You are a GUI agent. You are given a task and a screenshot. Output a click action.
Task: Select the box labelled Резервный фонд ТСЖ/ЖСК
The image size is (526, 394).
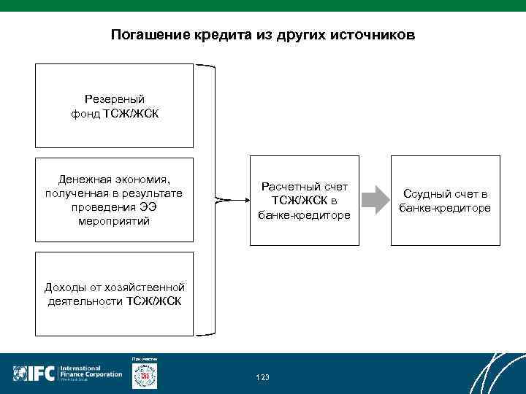click(115, 106)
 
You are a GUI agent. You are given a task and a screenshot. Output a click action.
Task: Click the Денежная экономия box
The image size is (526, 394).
click(115, 199)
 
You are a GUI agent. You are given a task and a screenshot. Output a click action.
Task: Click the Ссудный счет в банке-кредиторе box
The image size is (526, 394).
click(445, 199)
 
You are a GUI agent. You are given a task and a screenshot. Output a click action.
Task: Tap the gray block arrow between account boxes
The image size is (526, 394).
click(375, 199)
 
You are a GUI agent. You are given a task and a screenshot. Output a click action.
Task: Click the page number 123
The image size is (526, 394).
click(263, 377)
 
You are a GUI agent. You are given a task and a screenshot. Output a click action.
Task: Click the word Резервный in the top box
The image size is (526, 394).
click(115, 98)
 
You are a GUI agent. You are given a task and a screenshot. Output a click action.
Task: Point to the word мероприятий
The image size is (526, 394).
click(114, 221)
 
